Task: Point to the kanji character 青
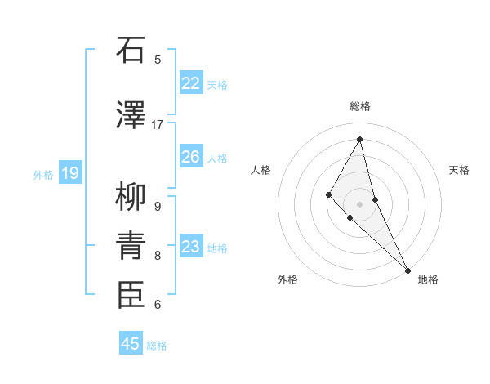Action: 131,246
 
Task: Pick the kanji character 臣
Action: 131,295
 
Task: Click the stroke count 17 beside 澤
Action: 158,125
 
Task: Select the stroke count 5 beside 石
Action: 158,60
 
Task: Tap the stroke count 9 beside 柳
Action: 158,207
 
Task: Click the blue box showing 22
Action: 190,83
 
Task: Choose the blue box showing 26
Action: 190,156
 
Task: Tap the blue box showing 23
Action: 190,246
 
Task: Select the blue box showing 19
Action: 69,172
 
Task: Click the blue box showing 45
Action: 131,344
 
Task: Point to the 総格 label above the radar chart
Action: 360,106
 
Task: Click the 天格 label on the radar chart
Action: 460,170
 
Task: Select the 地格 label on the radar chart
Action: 428,279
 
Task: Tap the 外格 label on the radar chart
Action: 287,279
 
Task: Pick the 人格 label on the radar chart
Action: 261,170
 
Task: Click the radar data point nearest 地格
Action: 407,269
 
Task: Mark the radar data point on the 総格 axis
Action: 360,139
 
